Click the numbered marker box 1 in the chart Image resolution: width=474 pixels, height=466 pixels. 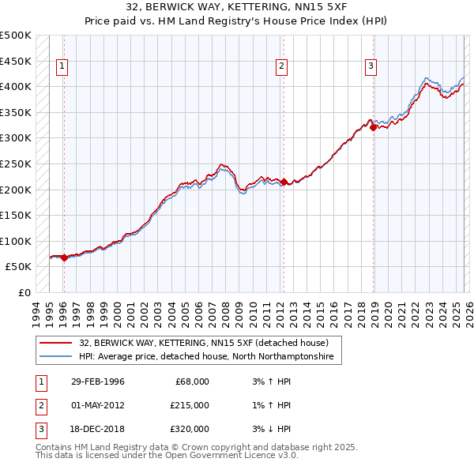point(62,67)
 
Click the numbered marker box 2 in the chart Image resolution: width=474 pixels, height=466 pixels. point(281,67)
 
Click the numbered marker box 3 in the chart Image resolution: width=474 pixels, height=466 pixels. point(371,67)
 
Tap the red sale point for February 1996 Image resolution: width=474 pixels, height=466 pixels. point(64,257)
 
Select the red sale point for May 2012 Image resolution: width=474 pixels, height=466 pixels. point(284,182)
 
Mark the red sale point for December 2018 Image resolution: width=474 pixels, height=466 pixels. point(374,127)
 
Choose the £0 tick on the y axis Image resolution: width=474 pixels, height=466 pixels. point(24,292)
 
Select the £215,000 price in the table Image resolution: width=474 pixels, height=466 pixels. point(190,405)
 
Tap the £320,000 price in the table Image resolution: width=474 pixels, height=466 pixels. point(190,429)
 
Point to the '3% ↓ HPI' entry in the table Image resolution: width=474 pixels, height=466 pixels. point(268,429)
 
